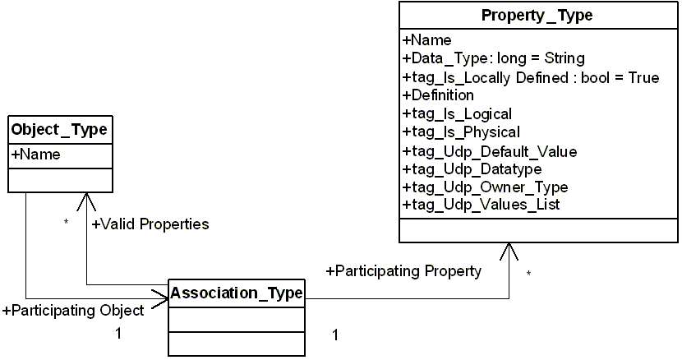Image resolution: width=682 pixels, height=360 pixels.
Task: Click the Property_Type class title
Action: tap(537, 16)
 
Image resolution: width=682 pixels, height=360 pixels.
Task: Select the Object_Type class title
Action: tap(58, 130)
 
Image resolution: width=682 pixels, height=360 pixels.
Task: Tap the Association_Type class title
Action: tap(237, 292)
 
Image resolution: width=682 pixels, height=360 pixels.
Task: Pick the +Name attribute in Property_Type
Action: tap(426, 39)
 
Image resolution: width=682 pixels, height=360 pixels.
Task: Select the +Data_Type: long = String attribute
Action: tap(493, 58)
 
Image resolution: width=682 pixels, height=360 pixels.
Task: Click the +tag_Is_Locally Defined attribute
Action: tap(530, 77)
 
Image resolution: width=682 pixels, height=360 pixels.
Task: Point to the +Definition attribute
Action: tap(438, 95)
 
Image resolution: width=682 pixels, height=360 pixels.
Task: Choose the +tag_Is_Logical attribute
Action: tap(457, 114)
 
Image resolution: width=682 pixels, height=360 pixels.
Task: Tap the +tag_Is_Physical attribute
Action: tap(461, 132)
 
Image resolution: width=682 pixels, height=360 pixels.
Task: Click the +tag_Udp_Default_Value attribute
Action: tap(490, 151)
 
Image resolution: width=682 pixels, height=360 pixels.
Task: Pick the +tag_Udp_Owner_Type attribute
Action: tap(485, 187)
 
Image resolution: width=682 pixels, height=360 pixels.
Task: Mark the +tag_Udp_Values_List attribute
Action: tap(481, 205)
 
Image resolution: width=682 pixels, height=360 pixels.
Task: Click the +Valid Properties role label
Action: tap(150, 224)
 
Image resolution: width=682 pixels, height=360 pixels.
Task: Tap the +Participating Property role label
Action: tap(403, 270)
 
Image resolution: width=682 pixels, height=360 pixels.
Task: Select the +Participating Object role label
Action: tap(74, 310)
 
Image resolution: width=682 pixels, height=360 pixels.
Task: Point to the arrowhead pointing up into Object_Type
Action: tap(86, 201)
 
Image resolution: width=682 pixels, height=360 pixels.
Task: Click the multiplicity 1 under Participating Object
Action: tap(118, 334)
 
